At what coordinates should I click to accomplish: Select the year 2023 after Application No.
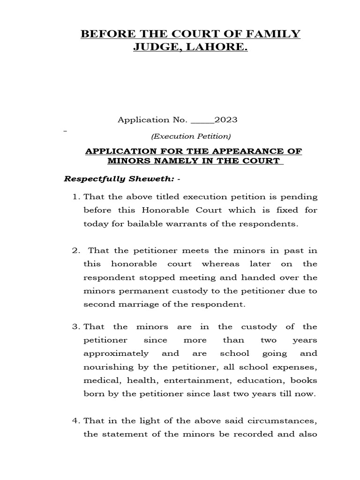(226, 120)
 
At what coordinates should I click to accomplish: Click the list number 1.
(75, 196)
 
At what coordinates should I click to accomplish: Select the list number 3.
(75, 327)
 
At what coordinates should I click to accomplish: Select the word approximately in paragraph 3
(116, 353)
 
